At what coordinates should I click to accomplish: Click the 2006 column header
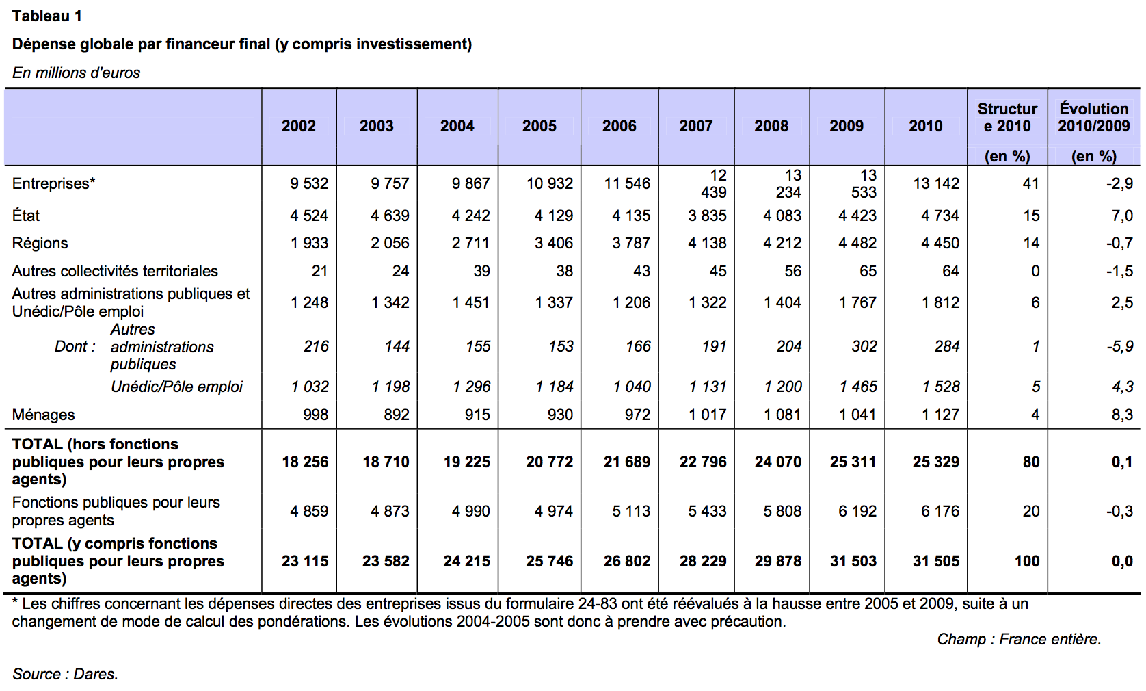619,126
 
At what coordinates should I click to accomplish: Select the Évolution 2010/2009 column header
1094,117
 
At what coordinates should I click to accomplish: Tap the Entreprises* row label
54,183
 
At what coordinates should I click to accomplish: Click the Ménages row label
44,415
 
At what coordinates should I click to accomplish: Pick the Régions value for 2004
470,243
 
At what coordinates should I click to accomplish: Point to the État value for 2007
707,216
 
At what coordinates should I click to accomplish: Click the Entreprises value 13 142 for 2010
936,183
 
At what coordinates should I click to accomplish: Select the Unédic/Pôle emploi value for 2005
554,387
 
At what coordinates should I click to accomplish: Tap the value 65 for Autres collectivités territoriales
868,271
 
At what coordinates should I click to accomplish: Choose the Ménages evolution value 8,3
1122,415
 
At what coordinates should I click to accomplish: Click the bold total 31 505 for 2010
936,561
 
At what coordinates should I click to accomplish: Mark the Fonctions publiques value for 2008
782,511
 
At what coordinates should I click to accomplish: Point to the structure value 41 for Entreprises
1031,183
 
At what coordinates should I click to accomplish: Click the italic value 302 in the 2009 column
864,346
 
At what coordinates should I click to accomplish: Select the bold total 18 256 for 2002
305,462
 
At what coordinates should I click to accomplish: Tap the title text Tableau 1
47,16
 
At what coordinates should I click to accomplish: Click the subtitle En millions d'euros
76,73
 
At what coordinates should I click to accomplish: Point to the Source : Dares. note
65,674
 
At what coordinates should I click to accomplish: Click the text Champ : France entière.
1019,639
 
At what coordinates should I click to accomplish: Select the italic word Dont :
75,346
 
